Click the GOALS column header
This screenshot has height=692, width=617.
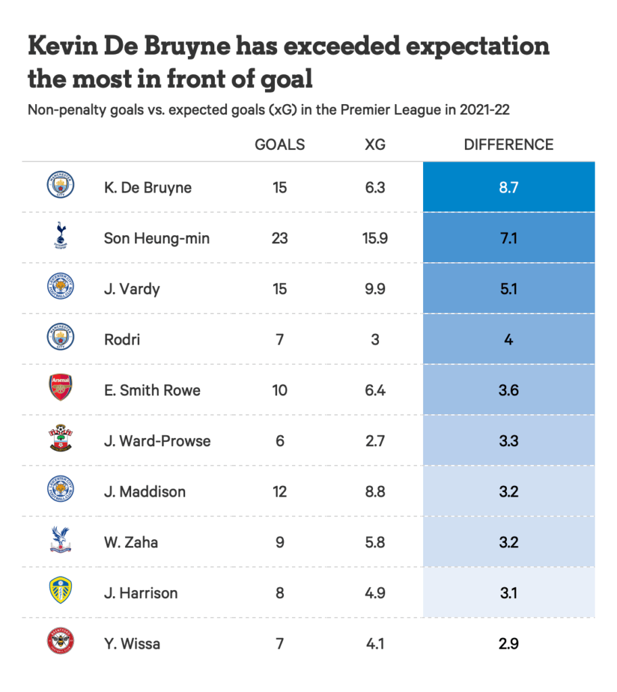[279, 145]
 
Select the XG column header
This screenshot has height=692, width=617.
[374, 145]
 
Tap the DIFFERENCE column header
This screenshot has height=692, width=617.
[508, 145]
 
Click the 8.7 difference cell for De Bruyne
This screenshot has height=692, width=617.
[508, 187]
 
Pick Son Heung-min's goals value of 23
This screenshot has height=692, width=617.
[279, 238]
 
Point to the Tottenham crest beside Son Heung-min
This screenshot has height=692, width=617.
[60, 237]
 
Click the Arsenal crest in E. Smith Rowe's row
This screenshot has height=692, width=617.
[60, 389]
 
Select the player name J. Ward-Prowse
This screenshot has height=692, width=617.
[157, 441]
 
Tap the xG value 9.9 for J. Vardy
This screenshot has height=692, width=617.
[374, 289]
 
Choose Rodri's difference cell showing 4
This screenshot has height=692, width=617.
[508, 339]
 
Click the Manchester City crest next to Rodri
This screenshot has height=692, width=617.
[60, 338]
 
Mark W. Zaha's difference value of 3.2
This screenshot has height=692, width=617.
[508, 542]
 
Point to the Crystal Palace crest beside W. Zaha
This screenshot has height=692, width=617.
[60, 541]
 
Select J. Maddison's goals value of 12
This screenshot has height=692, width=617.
[279, 491]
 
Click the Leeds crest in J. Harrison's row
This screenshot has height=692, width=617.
[60, 591]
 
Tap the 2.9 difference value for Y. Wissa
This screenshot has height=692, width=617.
[508, 643]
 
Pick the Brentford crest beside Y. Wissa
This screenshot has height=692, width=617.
[60, 642]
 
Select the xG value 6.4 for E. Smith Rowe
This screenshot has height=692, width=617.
[374, 390]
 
